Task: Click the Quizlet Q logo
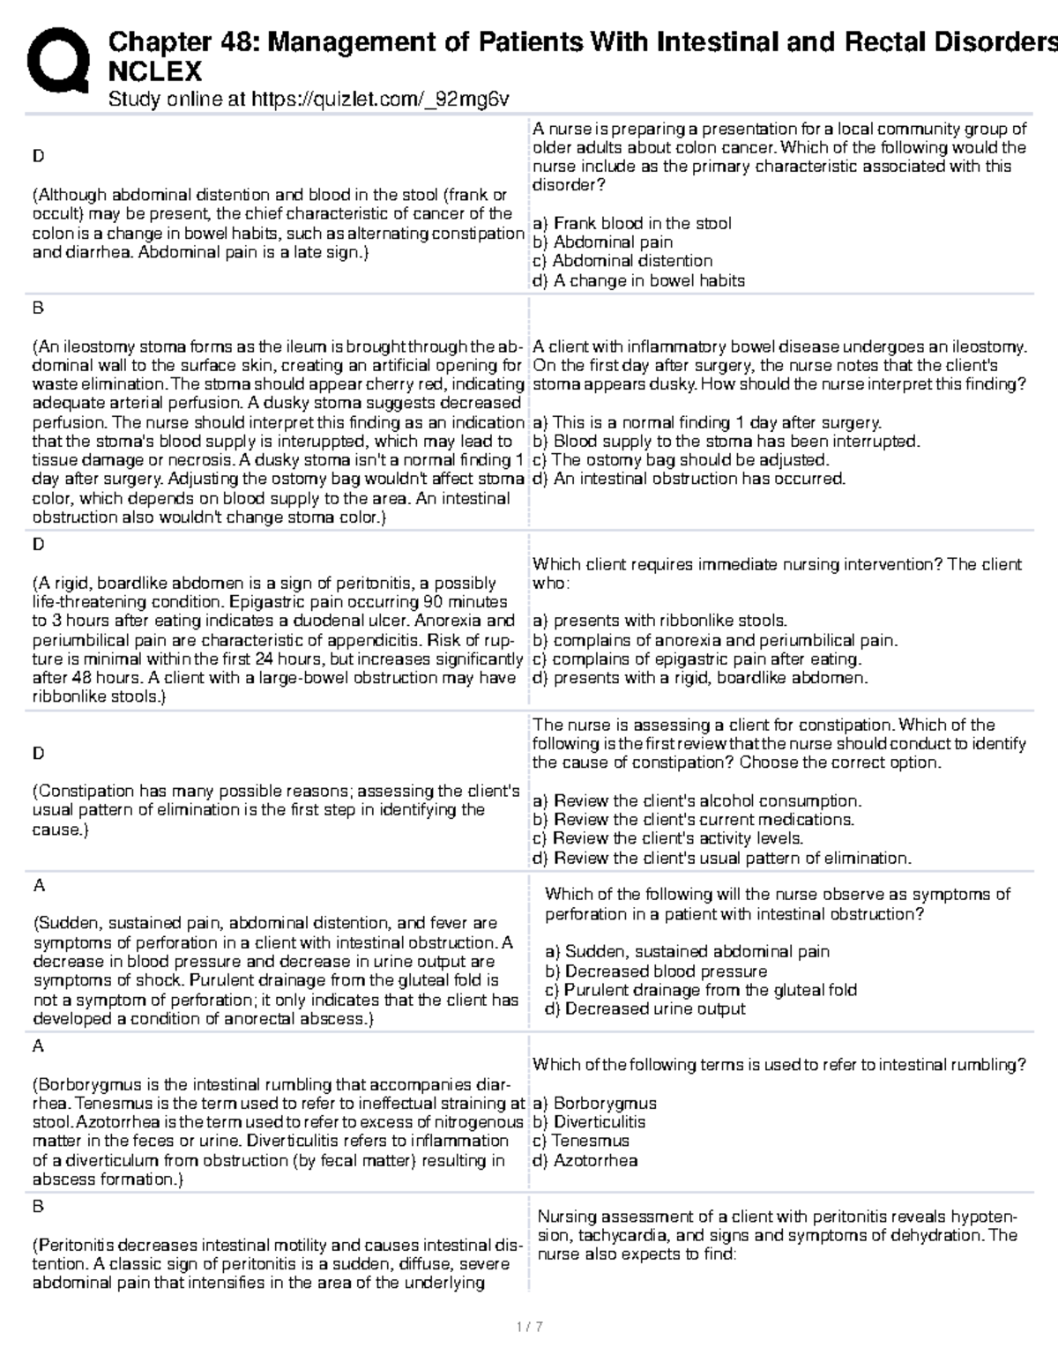coord(58,61)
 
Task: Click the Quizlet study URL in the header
coord(308,99)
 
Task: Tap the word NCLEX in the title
coord(154,71)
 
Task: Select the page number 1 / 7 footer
coord(529,1326)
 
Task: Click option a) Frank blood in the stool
coord(631,223)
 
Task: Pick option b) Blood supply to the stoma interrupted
coord(726,441)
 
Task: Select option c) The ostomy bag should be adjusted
coord(681,459)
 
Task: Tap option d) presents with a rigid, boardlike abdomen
coord(700,678)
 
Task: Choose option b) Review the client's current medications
coord(693,819)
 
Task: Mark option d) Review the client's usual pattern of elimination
coord(721,858)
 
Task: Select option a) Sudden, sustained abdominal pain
coord(688,951)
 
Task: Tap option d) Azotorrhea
coord(585,1160)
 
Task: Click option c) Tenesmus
coord(581,1141)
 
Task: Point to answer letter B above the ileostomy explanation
coord(38,308)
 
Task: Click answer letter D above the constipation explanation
coord(38,753)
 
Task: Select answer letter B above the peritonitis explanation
coord(38,1206)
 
